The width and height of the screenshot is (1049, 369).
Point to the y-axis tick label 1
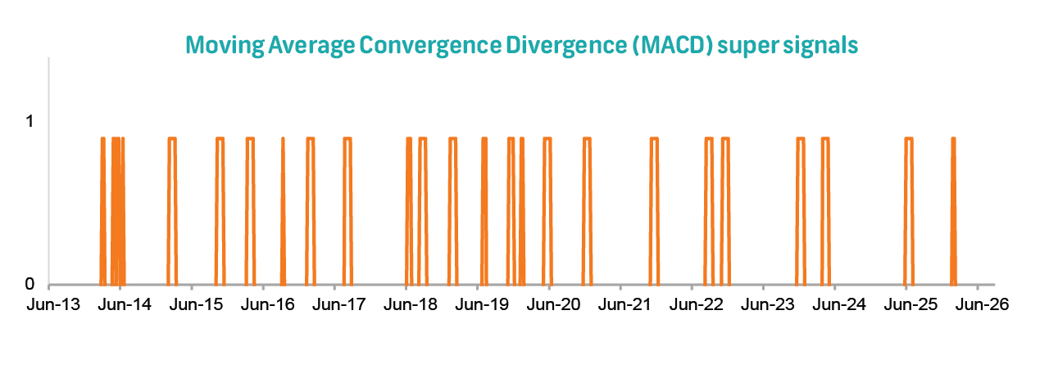[x=30, y=121]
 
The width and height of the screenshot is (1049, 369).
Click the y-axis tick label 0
[x=30, y=284]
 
